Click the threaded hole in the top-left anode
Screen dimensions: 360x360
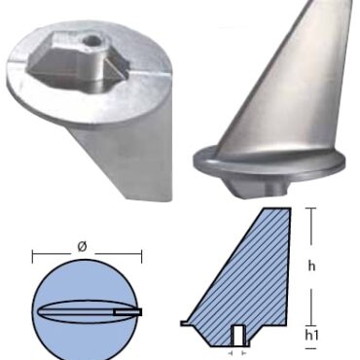[x=90, y=43]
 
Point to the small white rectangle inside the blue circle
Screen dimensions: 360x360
[x=127, y=312]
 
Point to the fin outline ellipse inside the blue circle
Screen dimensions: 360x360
[x=74, y=312]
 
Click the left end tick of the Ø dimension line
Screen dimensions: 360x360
[x=33, y=259]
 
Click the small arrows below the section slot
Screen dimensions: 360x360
[x=237, y=352]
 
